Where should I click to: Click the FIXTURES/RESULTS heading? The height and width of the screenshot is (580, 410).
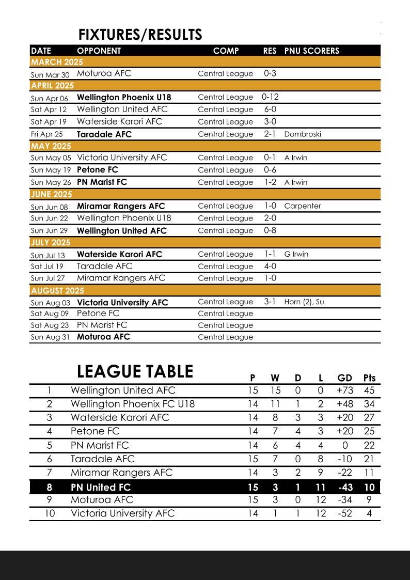point(140,35)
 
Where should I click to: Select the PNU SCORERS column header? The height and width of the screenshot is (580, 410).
point(311,51)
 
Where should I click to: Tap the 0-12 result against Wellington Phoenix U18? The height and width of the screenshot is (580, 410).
point(270,97)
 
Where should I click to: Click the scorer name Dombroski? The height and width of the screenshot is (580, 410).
point(302,134)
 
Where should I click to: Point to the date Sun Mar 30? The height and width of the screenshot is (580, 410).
point(50,75)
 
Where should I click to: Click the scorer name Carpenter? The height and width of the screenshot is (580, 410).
point(302,206)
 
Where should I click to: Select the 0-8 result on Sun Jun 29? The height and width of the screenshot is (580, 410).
point(270,230)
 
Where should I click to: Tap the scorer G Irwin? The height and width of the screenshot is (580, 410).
point(296,254)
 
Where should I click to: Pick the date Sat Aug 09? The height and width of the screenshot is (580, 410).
point(50,313)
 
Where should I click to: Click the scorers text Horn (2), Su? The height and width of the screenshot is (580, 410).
point(304,302)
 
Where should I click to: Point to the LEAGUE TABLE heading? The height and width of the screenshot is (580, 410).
point(135,372)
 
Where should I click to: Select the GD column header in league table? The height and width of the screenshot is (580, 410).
point(344,378)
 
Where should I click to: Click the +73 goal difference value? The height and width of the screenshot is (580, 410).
point(344,390)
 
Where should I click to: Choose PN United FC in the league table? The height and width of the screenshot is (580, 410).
point(101,487)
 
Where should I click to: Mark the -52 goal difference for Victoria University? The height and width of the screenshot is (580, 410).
point(344,513)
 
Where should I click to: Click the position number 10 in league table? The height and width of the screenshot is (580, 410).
point(50,513)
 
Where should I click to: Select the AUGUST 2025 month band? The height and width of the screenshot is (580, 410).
point(57,290)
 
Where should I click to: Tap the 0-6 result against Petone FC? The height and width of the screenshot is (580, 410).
point(270,170)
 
